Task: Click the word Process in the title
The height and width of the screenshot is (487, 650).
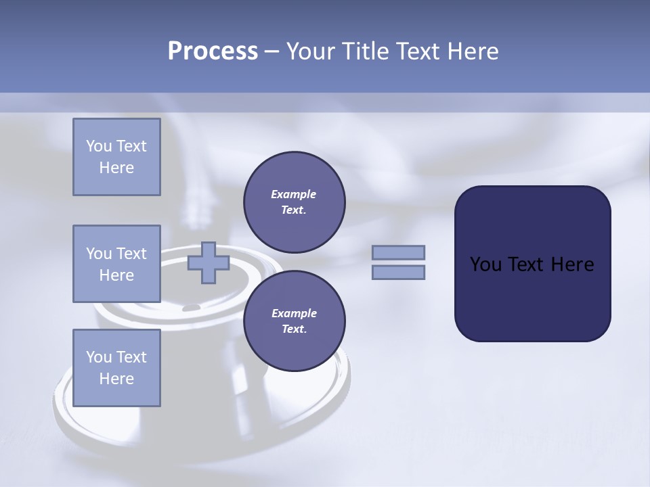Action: pyautogui.click(x=213, y=51)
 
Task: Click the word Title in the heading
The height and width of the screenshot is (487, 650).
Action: pyautogui.click(x=364, y=51)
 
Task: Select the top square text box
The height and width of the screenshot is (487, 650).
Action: pyautogui.click(x=116, y=157)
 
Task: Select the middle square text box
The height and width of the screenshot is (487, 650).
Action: pyautogui.click(x=116, y=264)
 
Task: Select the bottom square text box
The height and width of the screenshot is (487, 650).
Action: pyautogui.click(x=116, y=368)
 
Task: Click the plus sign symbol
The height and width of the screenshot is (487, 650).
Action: pyautogui.click(x=208, y=262)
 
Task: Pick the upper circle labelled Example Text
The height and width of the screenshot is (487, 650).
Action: pyautogui.click(x=294, y=202)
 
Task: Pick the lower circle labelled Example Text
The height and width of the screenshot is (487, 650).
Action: pyautogui.click(x=294, y=321)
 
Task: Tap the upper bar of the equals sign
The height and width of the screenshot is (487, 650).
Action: pyautogui.click(x=399, y=252)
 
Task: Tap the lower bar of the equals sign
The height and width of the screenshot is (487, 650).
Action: pyautogui.click(x=399, y=272)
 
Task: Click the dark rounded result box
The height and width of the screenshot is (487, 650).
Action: pyautogui.click(x=532, y=298)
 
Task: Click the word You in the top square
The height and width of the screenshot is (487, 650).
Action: pyautogui.click(x=99, y=146)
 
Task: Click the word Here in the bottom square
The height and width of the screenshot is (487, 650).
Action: pyautogui.click(x=116, y=379)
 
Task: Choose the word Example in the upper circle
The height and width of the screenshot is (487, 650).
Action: pyautogui.click(x=294, y=194)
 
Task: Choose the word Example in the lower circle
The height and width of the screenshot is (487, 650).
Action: pyautogui.click(x=294, y=313)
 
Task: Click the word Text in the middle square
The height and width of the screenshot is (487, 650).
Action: pyautogui.click(x=131, y=254)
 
